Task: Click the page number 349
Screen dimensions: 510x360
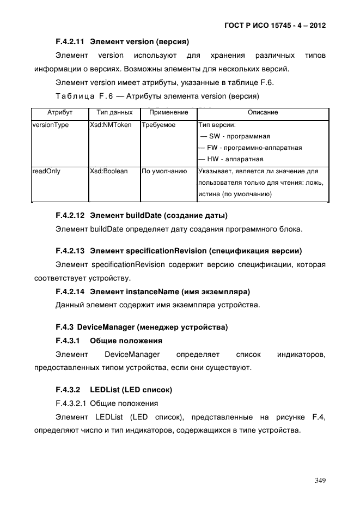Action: click(x=320, y=480)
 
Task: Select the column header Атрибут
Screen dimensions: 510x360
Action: click(x=60, y=112)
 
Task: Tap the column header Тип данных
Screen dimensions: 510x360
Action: click(x=114, y=112)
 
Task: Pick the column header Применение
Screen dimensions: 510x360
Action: click(x=168, y=112)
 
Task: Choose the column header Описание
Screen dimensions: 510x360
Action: click(x=263, y=112)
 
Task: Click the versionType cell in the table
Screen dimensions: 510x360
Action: click(x=51, y=125)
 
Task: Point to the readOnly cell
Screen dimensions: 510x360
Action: click(x=47, y=171)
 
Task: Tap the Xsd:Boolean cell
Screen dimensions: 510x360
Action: click(x=109, y=171)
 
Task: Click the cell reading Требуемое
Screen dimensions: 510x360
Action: click(x=158, y=125)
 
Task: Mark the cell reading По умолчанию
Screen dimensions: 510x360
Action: click(x=164, y=171)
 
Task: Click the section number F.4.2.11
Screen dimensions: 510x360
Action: click(x=70, y=41)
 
